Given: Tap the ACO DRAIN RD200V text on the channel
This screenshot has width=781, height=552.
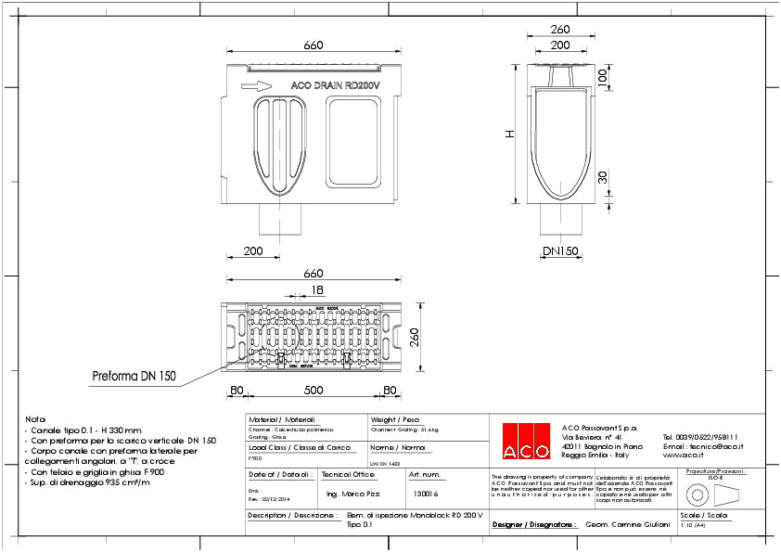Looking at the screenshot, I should (x=336, y=85).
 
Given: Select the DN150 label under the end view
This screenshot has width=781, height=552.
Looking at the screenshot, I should (x=559, y=251).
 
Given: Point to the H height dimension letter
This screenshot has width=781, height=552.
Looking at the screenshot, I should (x=508, y=135).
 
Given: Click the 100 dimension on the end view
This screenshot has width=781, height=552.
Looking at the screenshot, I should (x=602, y=80).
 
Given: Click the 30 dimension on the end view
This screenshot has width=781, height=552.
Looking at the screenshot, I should (x=602, y=176).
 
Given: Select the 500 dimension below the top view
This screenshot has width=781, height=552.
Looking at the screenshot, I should (x=314, y=391).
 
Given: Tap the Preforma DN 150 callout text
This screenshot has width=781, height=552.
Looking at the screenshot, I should (x=133, y=377).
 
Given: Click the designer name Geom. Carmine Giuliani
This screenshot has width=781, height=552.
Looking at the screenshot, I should (x=628, y=524).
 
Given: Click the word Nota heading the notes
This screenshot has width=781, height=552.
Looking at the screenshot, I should (x=35, y=419).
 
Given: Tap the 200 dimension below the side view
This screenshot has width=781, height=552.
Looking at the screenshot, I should (x=252, y=251).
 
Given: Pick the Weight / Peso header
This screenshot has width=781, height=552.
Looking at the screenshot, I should (x=395, y=419).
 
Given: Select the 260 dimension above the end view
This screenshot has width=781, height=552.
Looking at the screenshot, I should (x=559, y=29).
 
